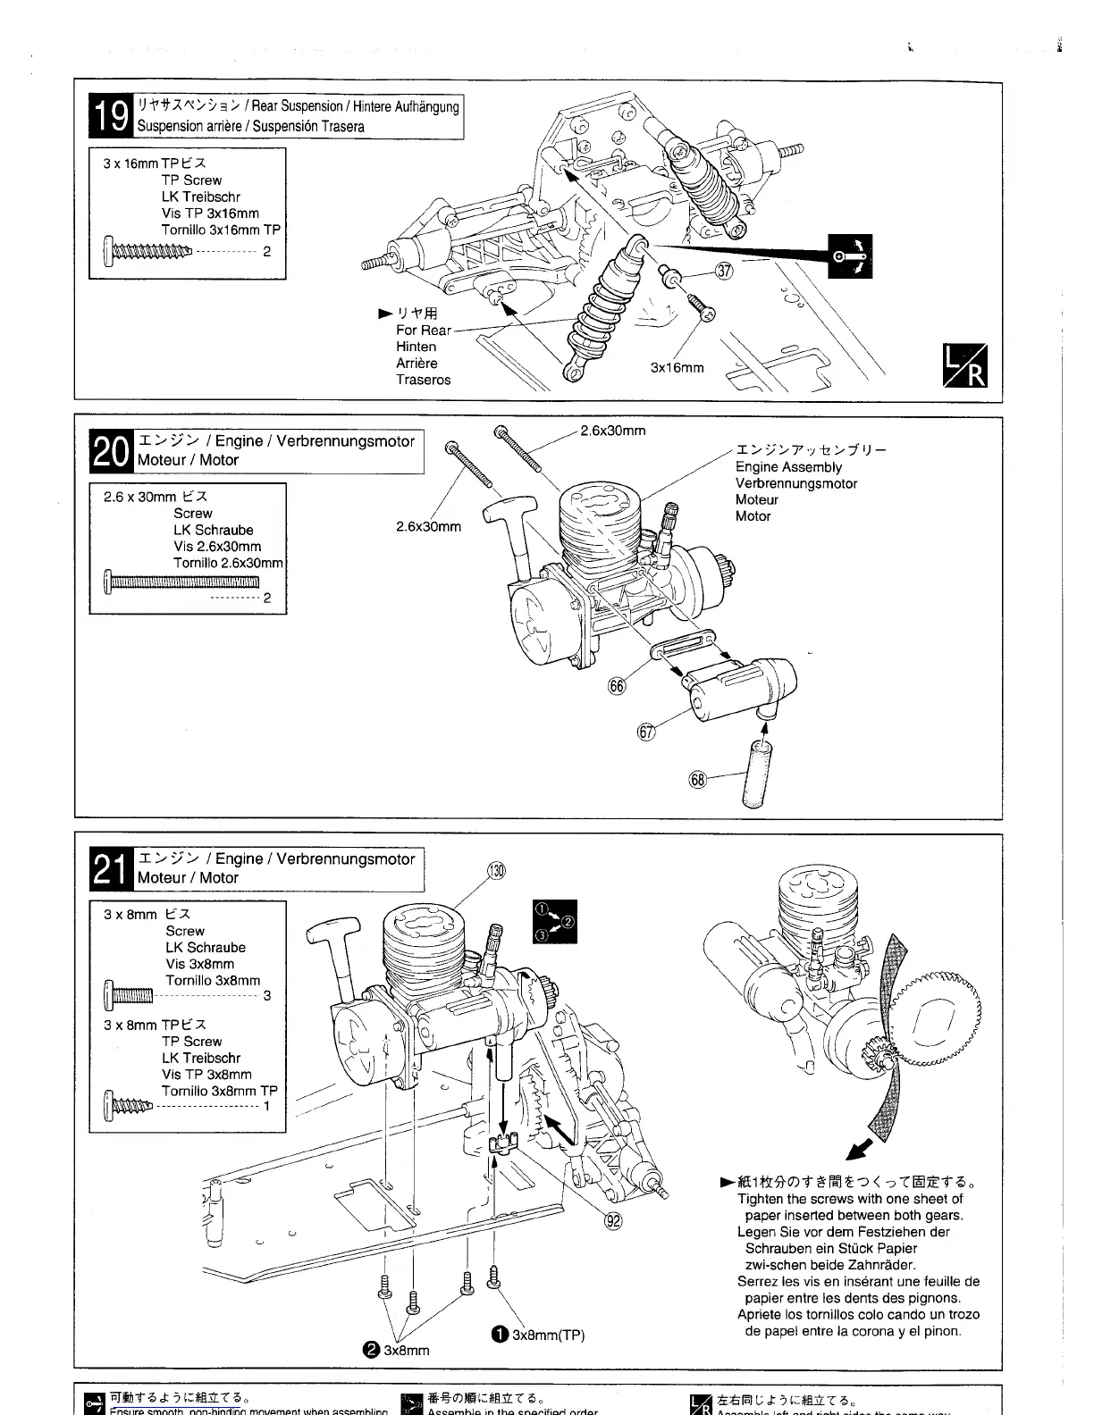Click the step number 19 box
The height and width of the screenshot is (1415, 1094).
(x=113, y=116)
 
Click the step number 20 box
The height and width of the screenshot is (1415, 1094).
(x=113, y=450)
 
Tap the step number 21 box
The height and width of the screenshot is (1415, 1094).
(x=113, y=868)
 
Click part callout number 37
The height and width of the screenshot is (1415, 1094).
(x=724, y=272)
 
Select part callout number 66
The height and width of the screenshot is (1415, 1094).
(x=617, y=685)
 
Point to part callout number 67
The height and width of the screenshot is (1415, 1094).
(x=646, y=733)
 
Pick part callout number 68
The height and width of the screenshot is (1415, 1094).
(x=699, y=780)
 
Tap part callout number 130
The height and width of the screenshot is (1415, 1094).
(x=496, y=871)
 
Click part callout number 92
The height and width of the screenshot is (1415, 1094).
(x=613, y=1221)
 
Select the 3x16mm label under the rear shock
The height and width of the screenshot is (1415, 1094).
(x=677, y=368)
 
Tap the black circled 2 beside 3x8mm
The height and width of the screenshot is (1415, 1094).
(x=372, y=1350)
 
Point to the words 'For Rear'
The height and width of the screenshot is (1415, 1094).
(x=424, y=331)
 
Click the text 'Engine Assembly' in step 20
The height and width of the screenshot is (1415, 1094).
(x=788, y=467)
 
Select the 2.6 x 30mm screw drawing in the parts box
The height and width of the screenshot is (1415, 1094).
(x=181, y=582)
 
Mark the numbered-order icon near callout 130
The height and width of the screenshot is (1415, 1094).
(x=554, y=921)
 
